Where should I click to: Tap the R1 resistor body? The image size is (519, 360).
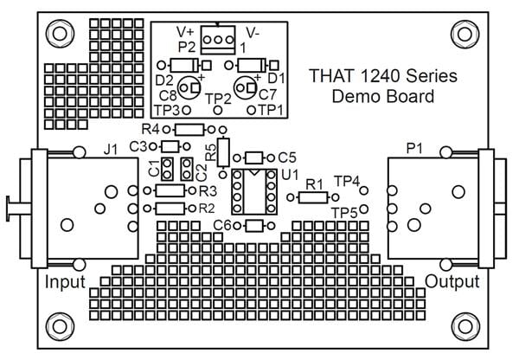click(311, 198)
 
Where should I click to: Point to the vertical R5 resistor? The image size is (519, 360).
click(223, 152)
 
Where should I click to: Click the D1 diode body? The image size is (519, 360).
click(250, 65)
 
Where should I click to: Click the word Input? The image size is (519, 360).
click(65, 282)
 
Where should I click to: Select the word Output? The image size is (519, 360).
click(452, 282)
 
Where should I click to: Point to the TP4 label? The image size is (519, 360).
click(347, 181)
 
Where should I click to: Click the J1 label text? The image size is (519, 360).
click(110, 149)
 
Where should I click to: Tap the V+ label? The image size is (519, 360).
click(186, 29)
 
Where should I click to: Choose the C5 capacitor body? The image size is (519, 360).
click(255, 157)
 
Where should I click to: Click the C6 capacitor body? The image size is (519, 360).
click(254, 226)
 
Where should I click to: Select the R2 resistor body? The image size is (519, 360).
click(170, 209)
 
